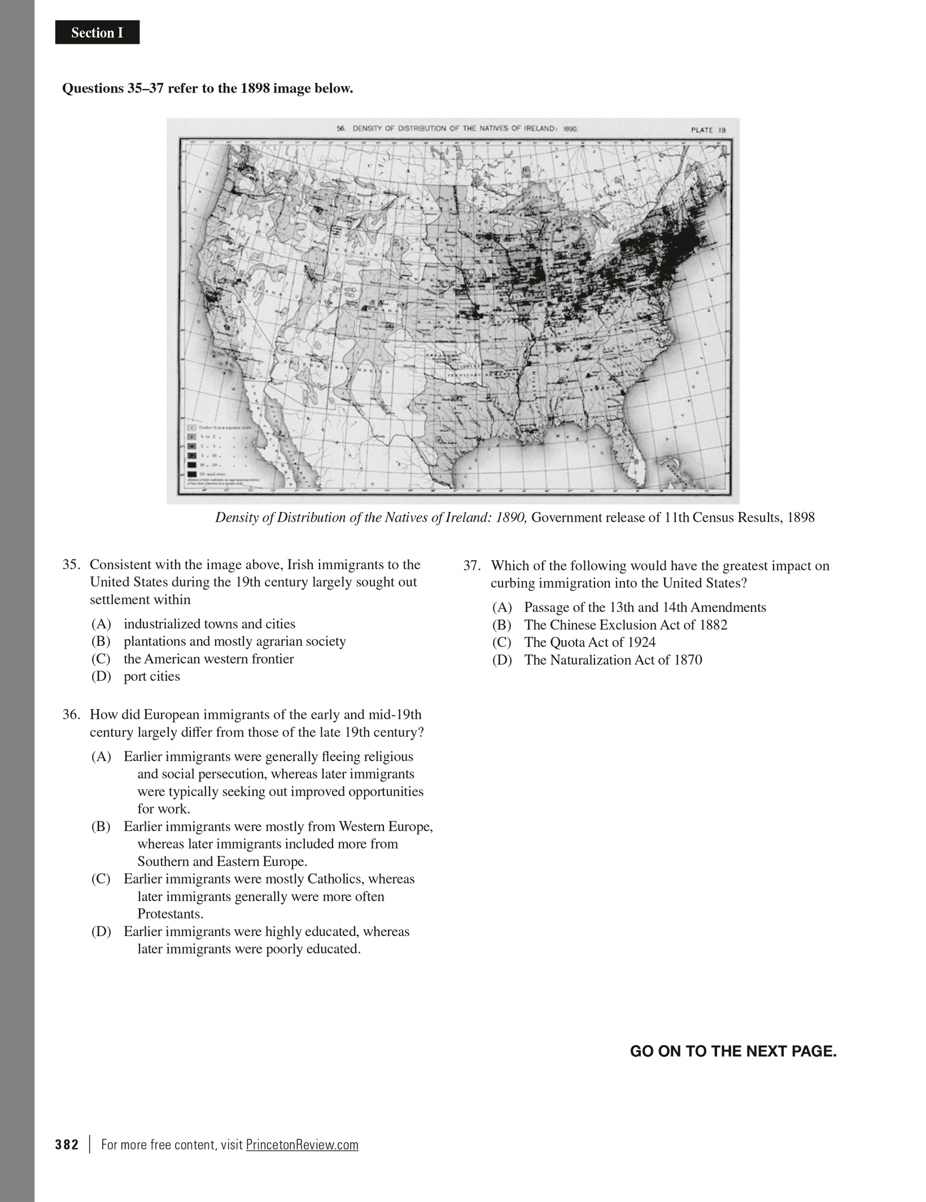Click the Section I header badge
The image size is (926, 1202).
pyautogui.click(x=97, y=33)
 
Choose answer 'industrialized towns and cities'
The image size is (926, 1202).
pyautogui.click(x=209, y=624)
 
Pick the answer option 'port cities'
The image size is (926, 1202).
pyautogui.click(x=151, y=676)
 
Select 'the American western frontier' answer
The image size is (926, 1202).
pyautogui.click(x=208, y=659)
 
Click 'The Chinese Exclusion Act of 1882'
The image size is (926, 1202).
pyautogui.click(x=625, y=625)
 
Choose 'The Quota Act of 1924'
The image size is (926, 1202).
pyautogui.click(x=589, y=642)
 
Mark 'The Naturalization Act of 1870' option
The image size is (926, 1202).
pyautogui.click(x=613, y=660)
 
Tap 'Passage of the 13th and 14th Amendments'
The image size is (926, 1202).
pyautogui.click(x=645, y=607)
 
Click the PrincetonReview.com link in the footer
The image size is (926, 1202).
pyautogui.click(x=302, y=1145)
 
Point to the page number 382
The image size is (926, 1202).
pyautogui.click(x=67, y=1145)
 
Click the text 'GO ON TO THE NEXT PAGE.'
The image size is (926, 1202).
pyautogui.click(x=733, y=1051)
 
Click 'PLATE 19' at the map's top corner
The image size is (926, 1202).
pyautogui.click(x=708, y=130)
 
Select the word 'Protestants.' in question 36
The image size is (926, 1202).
pyautogui.click(x=170, y=914)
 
